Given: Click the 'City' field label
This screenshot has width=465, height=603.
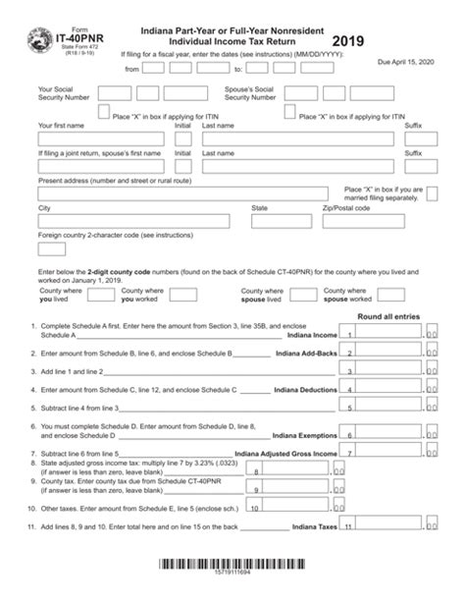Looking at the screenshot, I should tap(44, 208).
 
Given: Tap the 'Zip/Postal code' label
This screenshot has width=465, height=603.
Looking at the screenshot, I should tap(346, 208).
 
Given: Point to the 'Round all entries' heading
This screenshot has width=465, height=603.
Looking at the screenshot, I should tap(389, 316).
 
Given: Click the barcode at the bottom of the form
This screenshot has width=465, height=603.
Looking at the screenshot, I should tap(232, 565).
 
